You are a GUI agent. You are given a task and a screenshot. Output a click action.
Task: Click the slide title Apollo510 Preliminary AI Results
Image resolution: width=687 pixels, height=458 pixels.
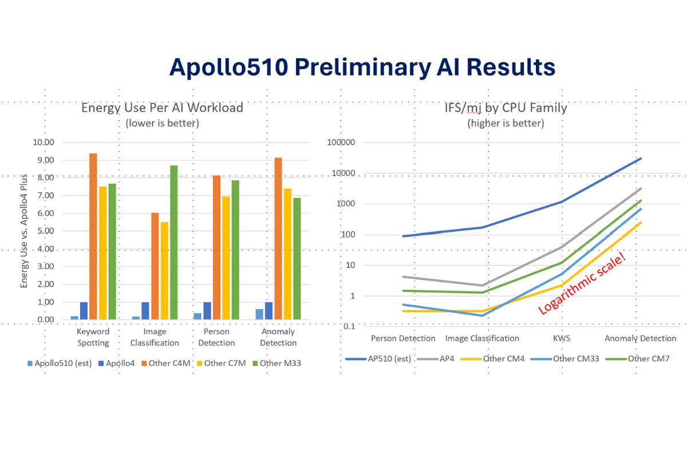(x=362, y=67)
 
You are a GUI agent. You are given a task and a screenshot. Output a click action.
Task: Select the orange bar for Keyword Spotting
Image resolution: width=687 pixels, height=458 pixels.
(x=93, y=236)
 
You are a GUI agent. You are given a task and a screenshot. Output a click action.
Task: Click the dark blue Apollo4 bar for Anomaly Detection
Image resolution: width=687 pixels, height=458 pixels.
(x=269, y=310)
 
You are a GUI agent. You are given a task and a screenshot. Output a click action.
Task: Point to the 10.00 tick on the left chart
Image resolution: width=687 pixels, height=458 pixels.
(x=44, y=143)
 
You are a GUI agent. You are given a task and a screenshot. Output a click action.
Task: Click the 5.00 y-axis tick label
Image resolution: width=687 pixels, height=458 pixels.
(x=44, y=231)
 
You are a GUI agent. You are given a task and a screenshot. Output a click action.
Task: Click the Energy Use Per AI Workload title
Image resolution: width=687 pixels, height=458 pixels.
(x=162, y=108)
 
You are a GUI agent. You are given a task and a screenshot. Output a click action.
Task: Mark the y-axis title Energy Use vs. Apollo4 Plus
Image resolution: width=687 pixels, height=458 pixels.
(x=24, y=231)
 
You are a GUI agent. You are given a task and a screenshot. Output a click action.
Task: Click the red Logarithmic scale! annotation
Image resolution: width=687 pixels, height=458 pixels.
(x=582, y=283)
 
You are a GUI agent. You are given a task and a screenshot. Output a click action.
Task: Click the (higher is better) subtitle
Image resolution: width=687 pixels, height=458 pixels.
(x=506, y=123)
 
